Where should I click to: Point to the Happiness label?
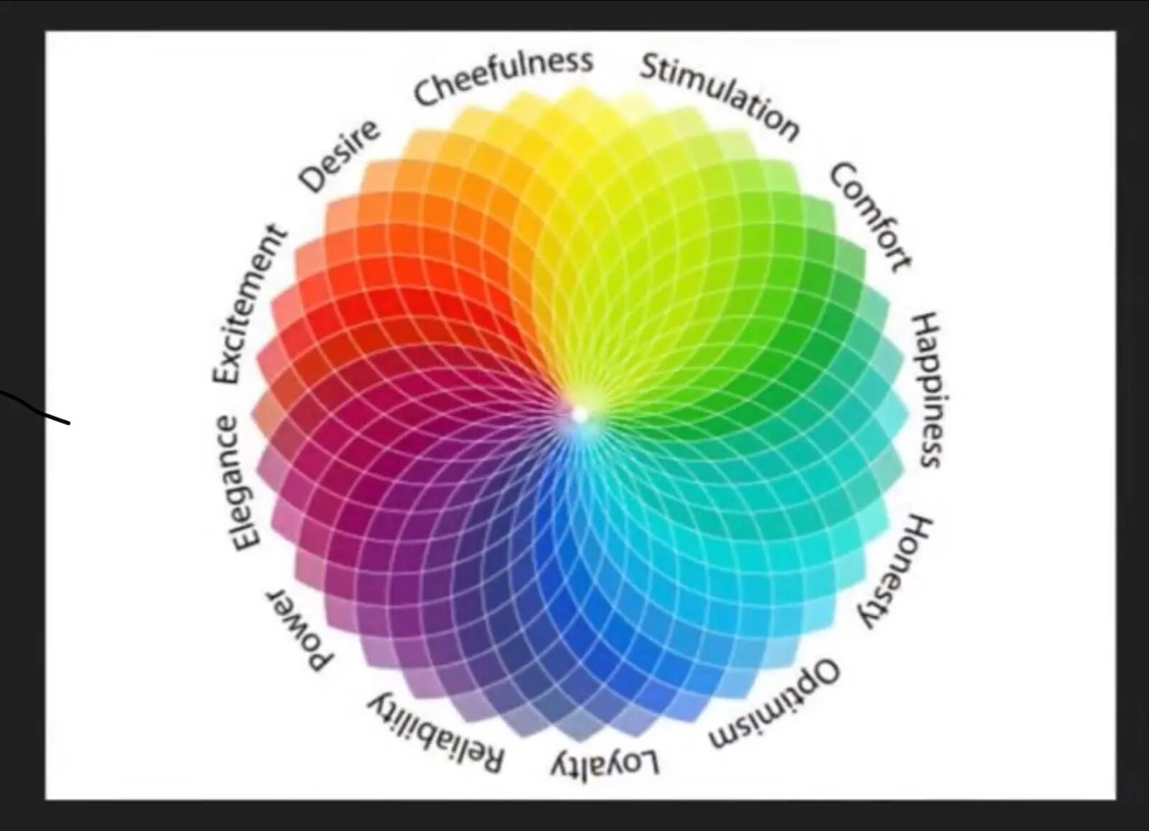pyautogui.click(x=927, y=390)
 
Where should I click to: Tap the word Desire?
pyautogui.click(x=338, y=156)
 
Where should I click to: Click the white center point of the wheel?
pyautogui.click(x=580, y=414)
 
